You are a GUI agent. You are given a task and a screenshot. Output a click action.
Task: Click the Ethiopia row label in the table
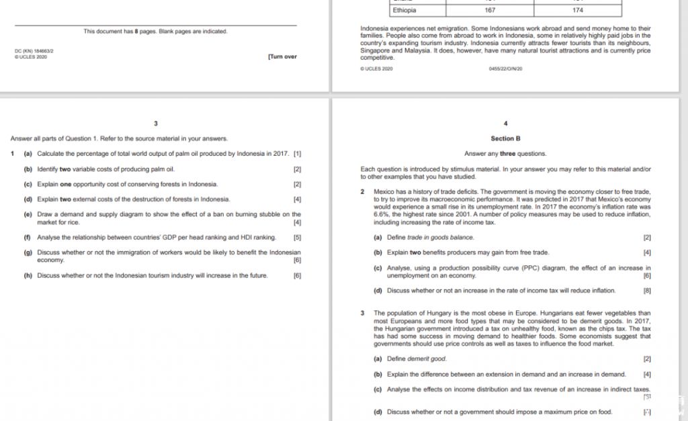point(404,10)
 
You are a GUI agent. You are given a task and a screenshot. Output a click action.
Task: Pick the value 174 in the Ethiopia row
point(578,10)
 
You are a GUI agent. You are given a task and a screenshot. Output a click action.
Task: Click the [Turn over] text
point(282,57)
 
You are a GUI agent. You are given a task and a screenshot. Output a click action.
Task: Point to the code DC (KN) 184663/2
point(34,51)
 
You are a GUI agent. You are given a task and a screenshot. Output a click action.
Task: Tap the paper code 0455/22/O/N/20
point(506,68)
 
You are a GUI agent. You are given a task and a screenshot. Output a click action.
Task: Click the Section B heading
point(506,139)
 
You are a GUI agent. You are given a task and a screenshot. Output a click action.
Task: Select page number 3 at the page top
point(156,124)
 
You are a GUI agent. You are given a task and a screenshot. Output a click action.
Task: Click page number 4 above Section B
point(506,124)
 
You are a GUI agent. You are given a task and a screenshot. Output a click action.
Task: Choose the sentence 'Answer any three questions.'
point(505,154)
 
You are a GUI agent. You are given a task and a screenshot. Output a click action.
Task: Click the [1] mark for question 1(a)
point(298,154)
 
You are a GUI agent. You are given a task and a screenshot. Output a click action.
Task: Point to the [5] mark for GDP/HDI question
point(298,237)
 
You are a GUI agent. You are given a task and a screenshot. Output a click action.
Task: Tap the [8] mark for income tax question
point(648,291)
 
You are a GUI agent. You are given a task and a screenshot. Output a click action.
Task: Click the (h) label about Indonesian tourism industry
point(28,275)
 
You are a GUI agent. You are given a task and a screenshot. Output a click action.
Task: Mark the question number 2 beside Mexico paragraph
point(363,192)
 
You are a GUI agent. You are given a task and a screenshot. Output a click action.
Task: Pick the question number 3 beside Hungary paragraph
point(363,313)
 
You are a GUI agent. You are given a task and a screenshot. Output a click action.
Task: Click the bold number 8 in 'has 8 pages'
point(141,32)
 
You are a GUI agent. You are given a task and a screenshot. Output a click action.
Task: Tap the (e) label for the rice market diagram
point(28,215)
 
